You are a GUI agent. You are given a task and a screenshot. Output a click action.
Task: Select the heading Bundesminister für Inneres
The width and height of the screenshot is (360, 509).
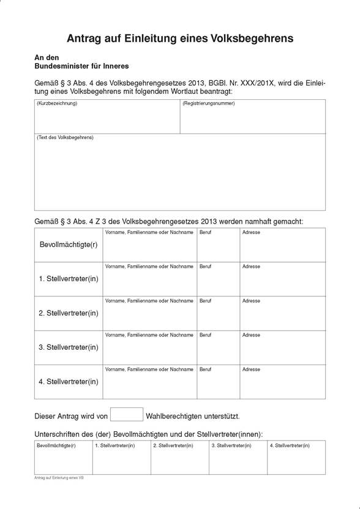pyautogui.click(x=81, y=66)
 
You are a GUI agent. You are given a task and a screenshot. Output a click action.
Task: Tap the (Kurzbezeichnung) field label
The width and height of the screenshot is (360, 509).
pyautogui.click(x=57, y=104)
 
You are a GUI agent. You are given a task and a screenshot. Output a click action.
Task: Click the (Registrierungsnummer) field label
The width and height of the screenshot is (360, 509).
pyautogui.click(x=208, y=104)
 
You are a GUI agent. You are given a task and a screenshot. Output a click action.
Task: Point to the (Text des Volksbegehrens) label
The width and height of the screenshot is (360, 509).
pyautogui.click(x=65, y=138)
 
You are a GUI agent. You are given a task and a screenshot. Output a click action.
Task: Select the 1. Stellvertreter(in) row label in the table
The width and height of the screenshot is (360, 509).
pyautogui.click(x=69, y=279)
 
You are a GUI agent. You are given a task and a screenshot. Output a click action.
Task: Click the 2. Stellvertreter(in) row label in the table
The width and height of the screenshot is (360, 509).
pyautogui.click(x=69, y=314)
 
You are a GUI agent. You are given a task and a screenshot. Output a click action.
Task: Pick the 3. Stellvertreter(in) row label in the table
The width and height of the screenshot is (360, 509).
pyautogui.click(x=69, y=348)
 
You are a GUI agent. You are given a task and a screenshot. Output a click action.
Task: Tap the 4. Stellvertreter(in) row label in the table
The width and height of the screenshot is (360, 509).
pyautogui.click(x=69, y=382)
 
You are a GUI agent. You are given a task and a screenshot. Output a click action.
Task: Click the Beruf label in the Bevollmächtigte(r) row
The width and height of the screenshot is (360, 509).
pyautogui.click(x=205, y=233)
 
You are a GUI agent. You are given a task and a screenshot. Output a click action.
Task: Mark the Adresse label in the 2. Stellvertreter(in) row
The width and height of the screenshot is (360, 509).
pyautogui.click(x=251, y=301)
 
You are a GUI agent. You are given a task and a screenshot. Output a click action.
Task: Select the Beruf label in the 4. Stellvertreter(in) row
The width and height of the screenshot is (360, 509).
pyautogui.click(x=205, y=370)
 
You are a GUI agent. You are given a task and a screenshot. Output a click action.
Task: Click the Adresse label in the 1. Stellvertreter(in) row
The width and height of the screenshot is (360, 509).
pyautogui.click(x=251, y=267)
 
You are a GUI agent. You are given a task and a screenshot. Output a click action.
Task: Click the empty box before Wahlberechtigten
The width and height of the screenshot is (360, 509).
pyautogui.click(x=127, y=415)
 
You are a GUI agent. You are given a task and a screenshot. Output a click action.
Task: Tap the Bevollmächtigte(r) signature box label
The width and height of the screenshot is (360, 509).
pyautogui.click(x=56, y=446)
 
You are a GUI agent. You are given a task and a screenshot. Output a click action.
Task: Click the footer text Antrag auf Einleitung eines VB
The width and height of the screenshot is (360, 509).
pyautogui.click(x=59, y=478)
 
